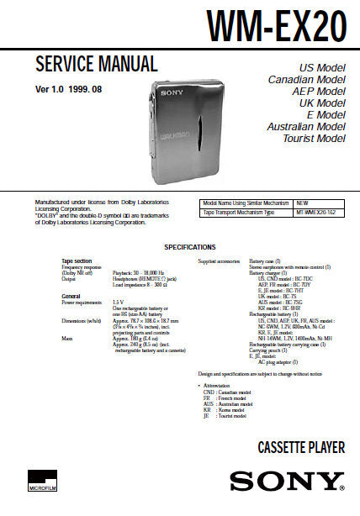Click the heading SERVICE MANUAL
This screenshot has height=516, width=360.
point(96,65)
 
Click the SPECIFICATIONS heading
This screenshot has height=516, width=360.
point(190,247)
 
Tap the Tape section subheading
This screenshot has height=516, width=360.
point(77,261)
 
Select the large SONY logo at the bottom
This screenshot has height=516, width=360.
point(288,482)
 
